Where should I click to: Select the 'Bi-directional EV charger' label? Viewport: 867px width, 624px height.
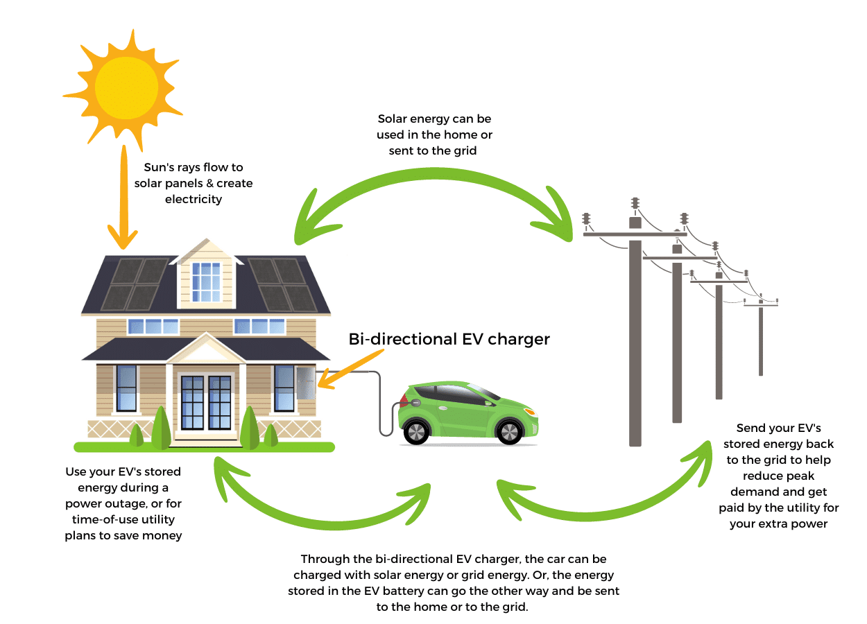pyautogui.click(x=449, y=339)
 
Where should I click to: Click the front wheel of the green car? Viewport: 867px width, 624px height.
pyautogui.click(x=509, y=431)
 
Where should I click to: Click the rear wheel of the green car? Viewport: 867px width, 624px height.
pyautogui.click(x=417, y=431)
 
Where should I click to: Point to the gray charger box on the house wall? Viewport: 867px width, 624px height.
pyautogui.click(x=305, y=383)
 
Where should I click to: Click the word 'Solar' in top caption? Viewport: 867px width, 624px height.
pyautogui.click(x=393, y=119)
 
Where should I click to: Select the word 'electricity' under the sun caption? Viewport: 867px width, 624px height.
pyautogui.click(x=194, y=199)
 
